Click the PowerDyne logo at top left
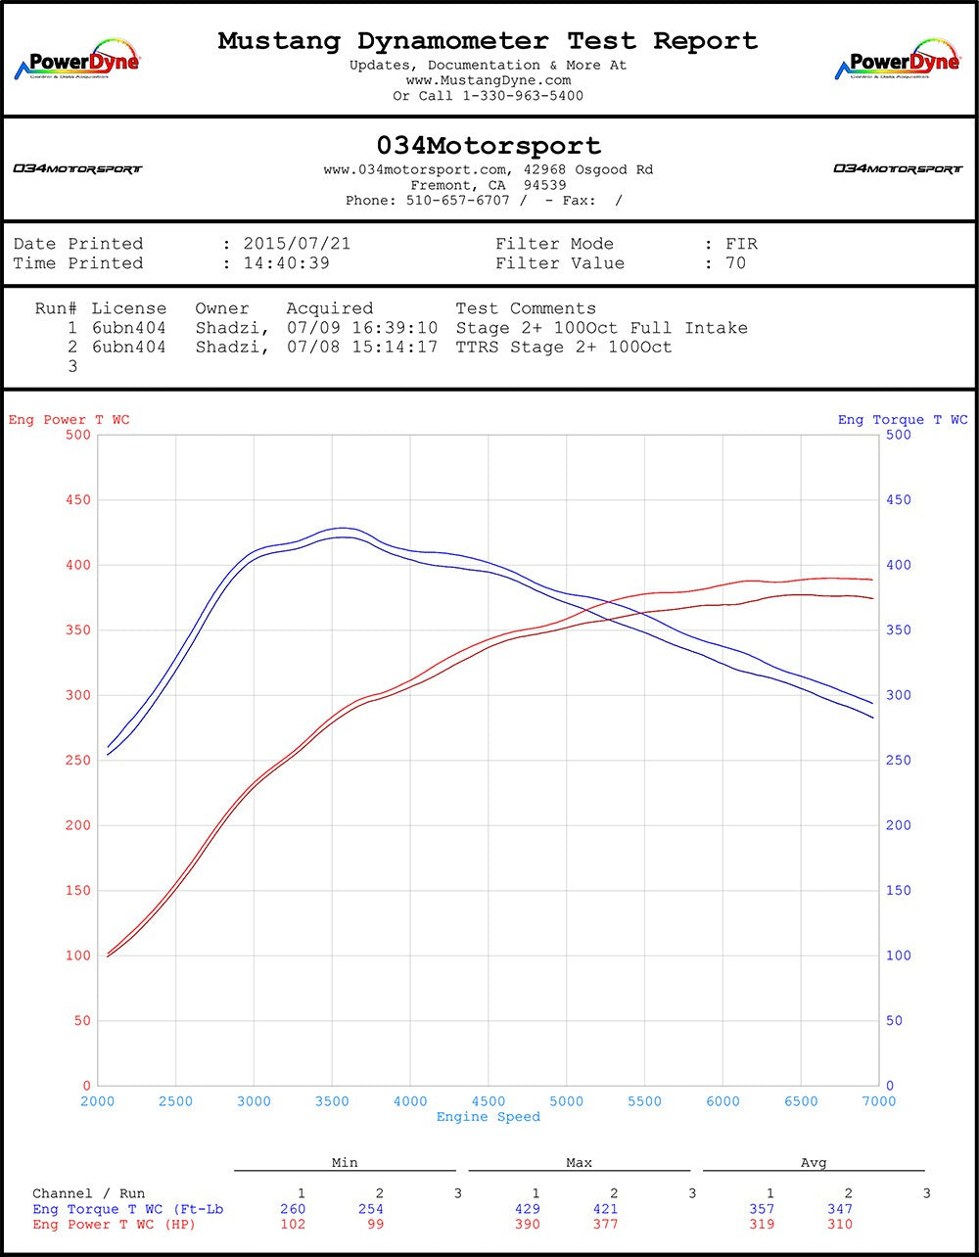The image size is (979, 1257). coord(77,61)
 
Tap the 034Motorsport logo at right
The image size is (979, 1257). coord(898,168)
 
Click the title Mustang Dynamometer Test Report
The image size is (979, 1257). coord(488,41)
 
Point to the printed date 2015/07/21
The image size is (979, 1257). coord(297,244)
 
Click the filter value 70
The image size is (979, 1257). coord(735,263)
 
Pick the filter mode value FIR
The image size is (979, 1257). coord(741,244)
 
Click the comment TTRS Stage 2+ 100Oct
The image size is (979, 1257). coord(564,348)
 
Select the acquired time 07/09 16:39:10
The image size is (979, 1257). coord(362,328)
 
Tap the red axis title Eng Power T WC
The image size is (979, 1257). coord(69,420)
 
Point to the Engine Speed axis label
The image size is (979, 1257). coord(488,1117)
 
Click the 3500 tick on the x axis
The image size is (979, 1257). coord(332,1101)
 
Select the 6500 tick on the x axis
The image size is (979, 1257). coord(801,1101)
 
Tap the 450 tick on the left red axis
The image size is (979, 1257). coord(78,500)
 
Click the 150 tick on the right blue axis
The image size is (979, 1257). coord(898,891)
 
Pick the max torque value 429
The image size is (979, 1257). coord(528,1209)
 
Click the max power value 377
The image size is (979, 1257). coord(606,1224)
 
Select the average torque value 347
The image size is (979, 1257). coord(840,1209)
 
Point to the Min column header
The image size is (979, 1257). coord(345,1163)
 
